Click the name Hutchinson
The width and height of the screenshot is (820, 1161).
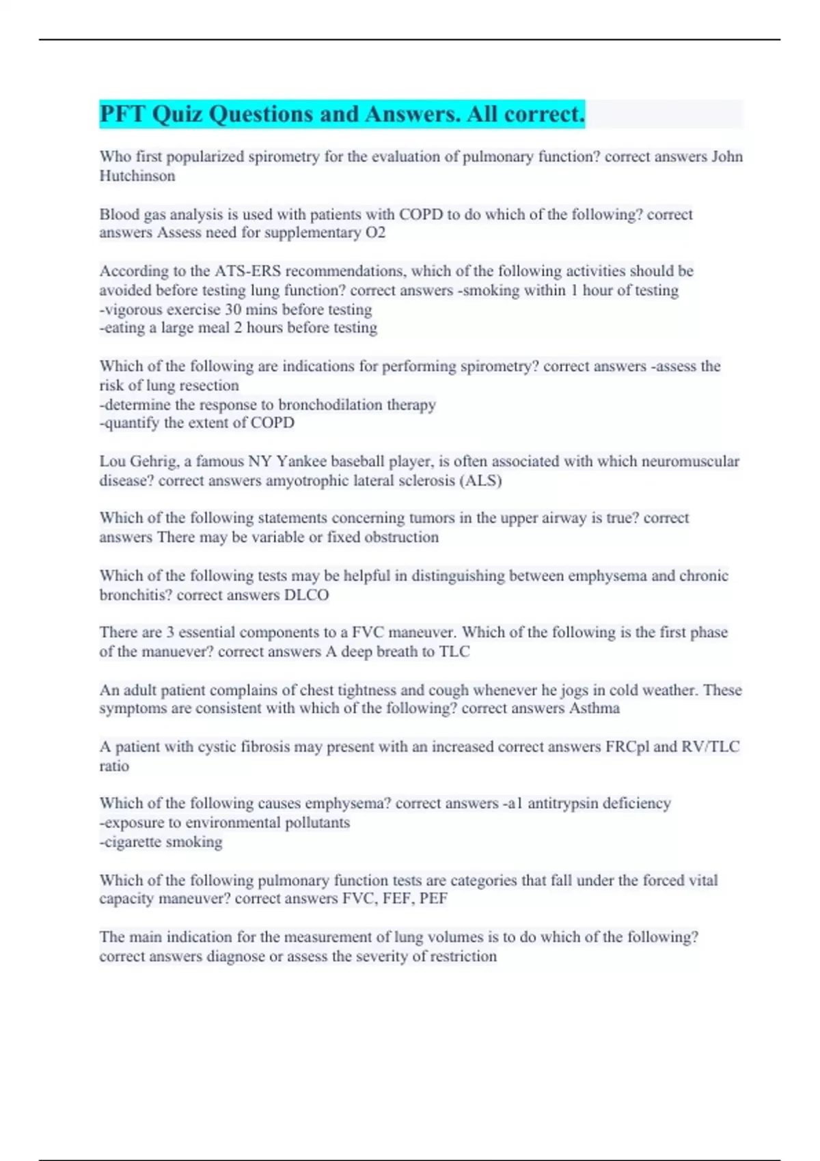pyautogui.click(x=137, y=176)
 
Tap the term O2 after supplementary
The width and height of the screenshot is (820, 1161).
pyautogui.click(x=376, y=233)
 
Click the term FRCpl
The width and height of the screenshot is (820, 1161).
pyautogui.click(x=627, y=746)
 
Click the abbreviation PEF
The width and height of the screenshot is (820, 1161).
pyautogui.click(x=433, y=898)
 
